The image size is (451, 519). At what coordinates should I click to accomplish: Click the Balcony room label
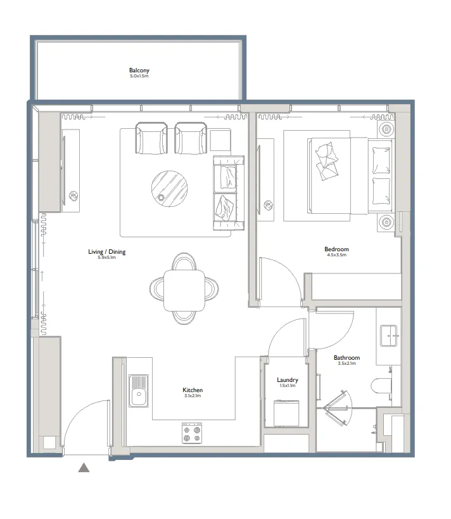[139, 70]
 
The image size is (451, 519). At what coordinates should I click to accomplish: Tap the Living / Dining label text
[106, 252]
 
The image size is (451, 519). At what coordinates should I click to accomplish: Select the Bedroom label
[336, 249]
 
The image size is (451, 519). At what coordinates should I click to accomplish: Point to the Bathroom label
[346, 358]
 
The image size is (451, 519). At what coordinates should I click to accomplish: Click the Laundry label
[287, 380]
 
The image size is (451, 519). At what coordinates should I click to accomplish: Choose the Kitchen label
[193, 390]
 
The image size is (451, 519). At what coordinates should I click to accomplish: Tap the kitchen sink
[138, 390]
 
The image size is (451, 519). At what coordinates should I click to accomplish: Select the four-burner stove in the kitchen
[192, 433]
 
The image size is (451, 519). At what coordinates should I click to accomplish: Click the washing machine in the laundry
[286, 413]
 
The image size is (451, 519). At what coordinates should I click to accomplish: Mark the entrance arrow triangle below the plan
[83, 468]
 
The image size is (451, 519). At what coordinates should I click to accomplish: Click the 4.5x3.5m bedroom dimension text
[336, 256]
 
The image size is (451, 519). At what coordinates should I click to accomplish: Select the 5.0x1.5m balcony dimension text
[139, 76]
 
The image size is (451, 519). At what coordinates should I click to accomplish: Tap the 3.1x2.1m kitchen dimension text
[193, 397]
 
